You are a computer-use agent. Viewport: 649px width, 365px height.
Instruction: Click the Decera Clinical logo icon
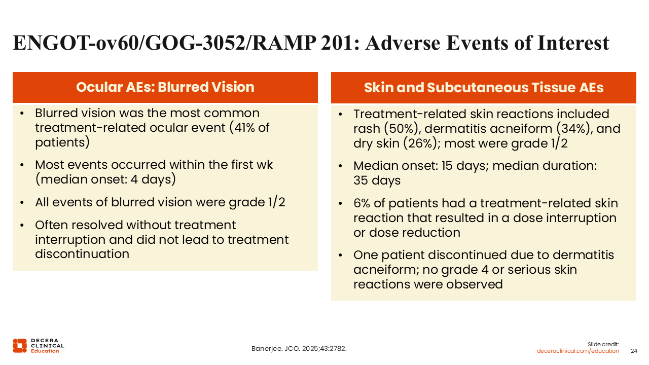tap(20, 346)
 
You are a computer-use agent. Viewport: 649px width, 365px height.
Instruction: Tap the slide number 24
tap(634, 351)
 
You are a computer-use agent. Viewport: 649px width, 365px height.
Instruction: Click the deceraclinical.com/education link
tap(578, 351)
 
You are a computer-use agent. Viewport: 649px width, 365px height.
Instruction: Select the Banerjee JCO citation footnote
tap(299, 348)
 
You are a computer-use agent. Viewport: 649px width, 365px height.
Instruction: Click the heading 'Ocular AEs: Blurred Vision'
tap(165, 87)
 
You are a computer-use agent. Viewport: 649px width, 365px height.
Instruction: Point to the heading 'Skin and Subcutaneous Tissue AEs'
tap(484, 88)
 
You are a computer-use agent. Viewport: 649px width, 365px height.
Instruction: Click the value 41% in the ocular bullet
tap(248, 128)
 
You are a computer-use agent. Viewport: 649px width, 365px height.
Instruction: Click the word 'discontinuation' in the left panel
tap(82, 254)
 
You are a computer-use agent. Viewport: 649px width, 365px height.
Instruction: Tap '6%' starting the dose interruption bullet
tap(362, 203)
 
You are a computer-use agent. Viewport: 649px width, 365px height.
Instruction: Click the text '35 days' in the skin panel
tap(377, 180)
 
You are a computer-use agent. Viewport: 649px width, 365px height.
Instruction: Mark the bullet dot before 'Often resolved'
tap(22, 225)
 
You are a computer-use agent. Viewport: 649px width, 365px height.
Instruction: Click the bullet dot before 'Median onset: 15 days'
tap(340, 166)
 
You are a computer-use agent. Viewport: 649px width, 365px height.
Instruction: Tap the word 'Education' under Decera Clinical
tap(45, 351)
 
